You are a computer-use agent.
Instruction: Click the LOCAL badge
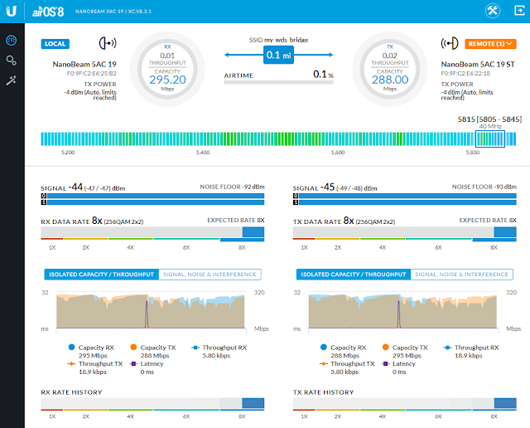coord(55,44)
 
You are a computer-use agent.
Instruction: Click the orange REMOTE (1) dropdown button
coord(489,44)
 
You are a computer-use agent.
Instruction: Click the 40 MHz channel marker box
coord(494,138)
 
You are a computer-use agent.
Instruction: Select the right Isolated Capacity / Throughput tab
coord(351,275)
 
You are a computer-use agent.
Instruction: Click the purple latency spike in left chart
coord(147,315)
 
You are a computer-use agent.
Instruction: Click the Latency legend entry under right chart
coord(403,363)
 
